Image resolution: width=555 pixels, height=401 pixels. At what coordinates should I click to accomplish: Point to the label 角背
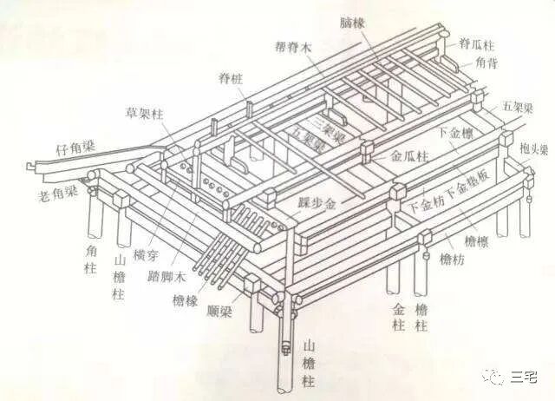coord(486,62)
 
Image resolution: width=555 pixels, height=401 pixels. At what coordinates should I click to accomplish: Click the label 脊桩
coord(231,79)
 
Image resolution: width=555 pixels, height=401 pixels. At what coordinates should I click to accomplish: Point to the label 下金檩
coord(457,133)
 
